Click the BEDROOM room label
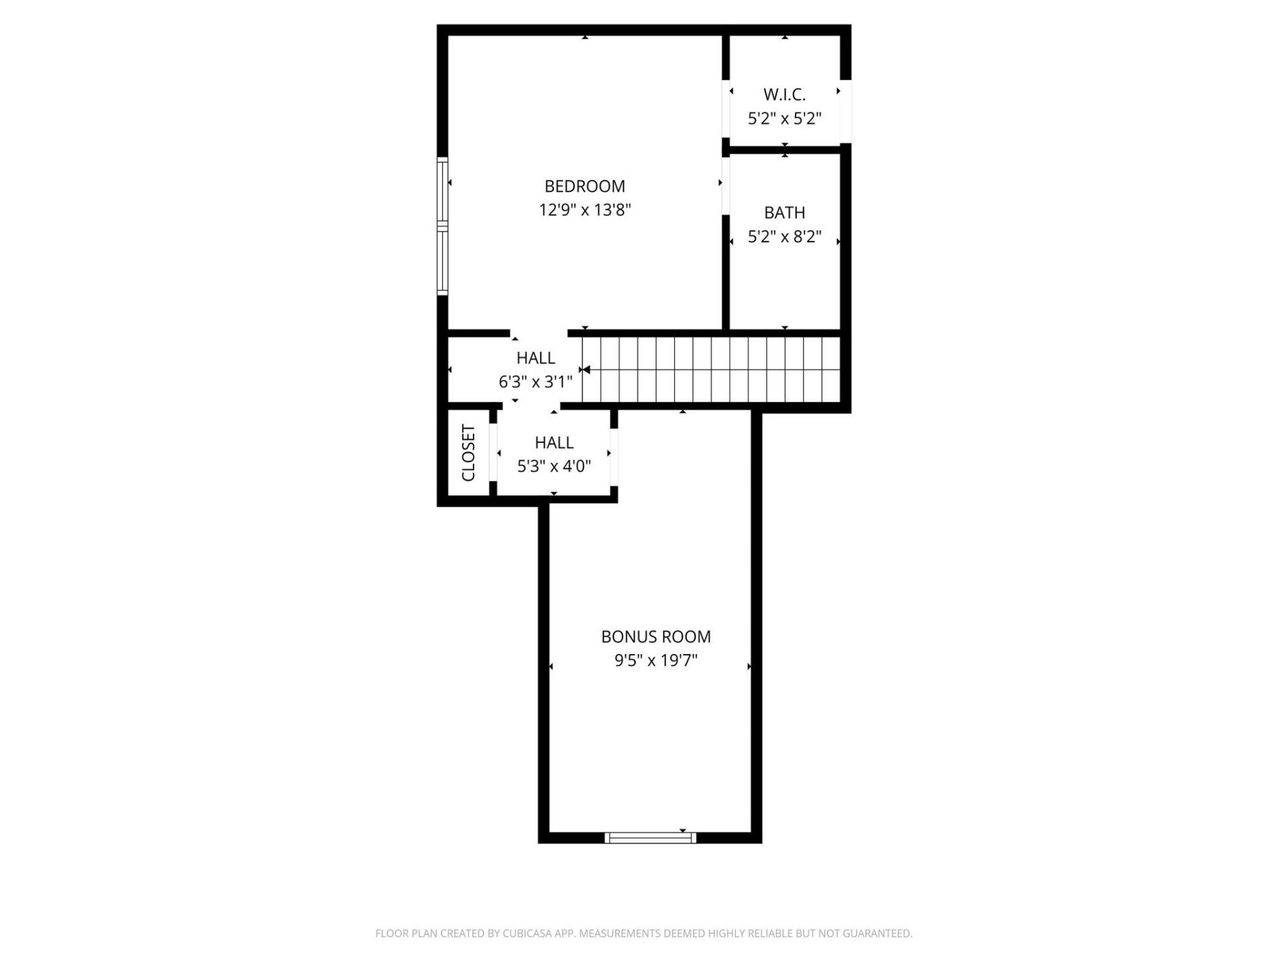(584, 186)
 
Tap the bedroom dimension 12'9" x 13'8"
(584, 210)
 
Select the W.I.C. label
(784, 95)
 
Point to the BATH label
(784, 213)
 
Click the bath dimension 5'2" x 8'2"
(784, 237)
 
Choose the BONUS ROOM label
(655, 636)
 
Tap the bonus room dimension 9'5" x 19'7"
(655, 660)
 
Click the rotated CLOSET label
(468, 453)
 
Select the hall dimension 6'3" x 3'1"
(535, 382)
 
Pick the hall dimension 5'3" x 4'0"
(553, 466)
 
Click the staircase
(711, 370)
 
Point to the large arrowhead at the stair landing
(586, 370)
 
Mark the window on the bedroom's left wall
(443, 226)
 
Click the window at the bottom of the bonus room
(650, 837)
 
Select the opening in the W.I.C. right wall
(846, 111)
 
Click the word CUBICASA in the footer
(525, 933)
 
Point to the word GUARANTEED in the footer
(879, 933)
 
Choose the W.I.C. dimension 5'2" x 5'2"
(784, 119)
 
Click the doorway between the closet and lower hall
(493, 453)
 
